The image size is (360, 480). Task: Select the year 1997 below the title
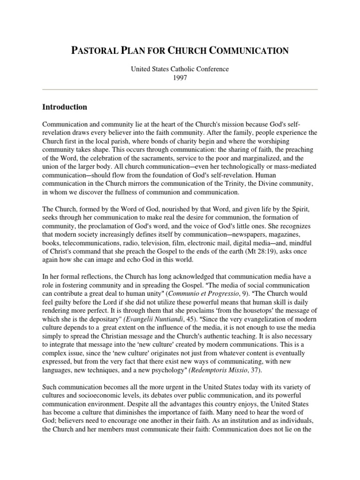tap(180, 78)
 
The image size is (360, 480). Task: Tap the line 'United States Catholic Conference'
tap(180, 69)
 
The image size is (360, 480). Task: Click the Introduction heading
tap(65, 107)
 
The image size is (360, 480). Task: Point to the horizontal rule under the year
tap(180, 89)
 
